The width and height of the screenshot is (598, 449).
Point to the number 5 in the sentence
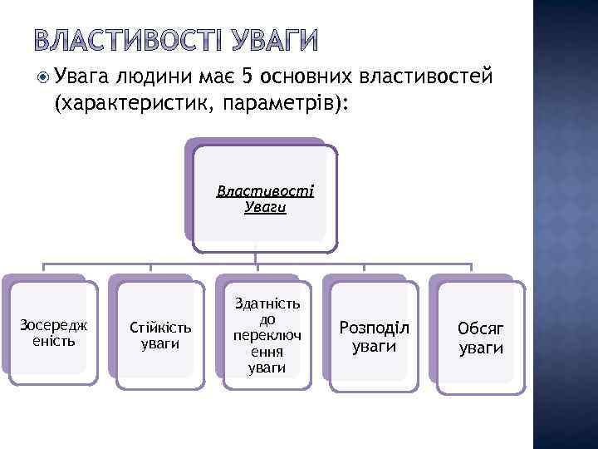click(x=245, y=78)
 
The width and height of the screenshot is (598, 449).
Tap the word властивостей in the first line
click(x=428, y=78)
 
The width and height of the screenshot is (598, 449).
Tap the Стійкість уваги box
click(x=160, y=335)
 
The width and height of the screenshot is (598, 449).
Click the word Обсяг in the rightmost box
click(x=481, y=328)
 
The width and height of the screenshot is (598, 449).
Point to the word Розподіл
click(x=374, y=327)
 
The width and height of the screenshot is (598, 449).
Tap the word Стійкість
click(x=160, y=327)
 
